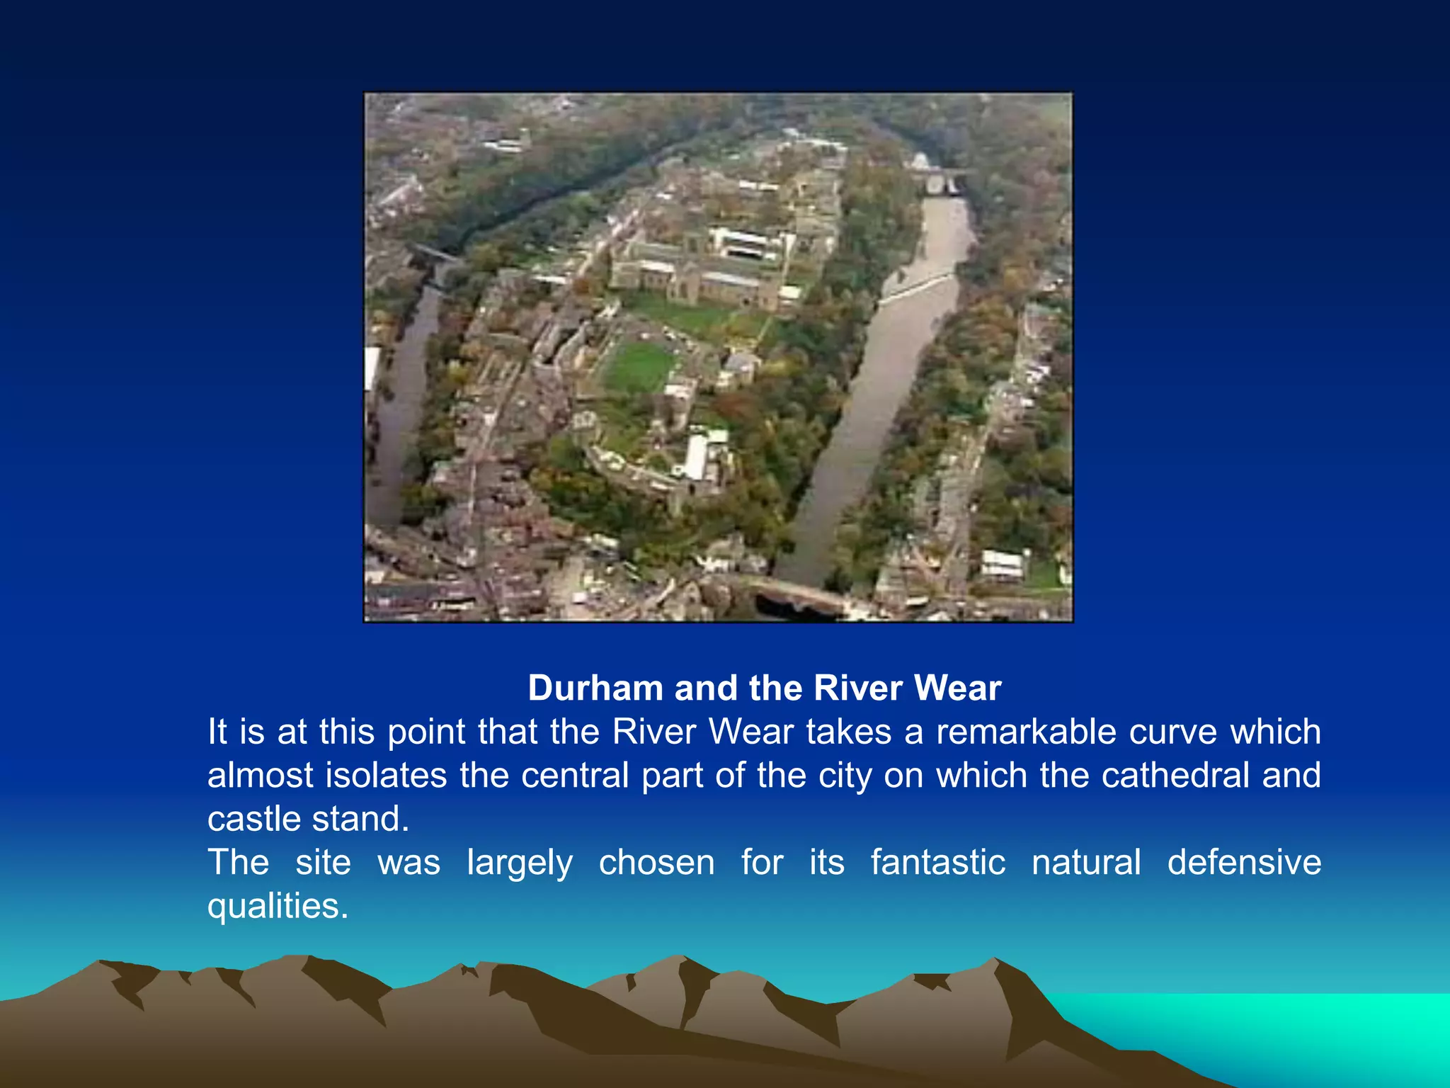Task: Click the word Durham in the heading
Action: [x=595, y=688]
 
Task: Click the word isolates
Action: [x=386, y=776]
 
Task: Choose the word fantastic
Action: [x=938, y=863]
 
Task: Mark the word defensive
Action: [x=1244, y=863]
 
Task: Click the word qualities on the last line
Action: [x=278, y=907]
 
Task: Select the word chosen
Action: [x=656, y=863]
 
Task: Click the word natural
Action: [x=1086, y=863]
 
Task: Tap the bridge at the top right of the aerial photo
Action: [x=938, y=179]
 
